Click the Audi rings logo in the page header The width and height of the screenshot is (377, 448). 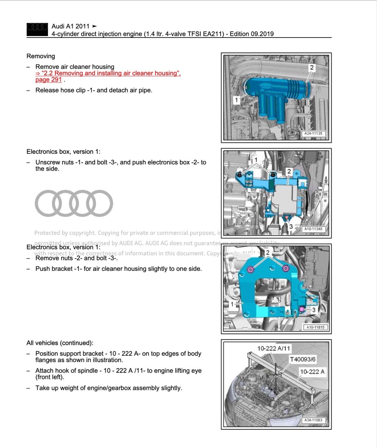37,29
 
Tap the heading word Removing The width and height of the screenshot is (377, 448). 41,56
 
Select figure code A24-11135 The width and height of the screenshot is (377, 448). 313,134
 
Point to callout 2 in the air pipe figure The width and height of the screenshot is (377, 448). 311,67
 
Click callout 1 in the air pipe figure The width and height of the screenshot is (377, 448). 237,100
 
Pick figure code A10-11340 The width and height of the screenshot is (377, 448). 313,229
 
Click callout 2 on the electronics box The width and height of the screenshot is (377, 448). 289,171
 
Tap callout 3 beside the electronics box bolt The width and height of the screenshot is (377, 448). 291,226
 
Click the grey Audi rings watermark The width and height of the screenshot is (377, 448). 74,203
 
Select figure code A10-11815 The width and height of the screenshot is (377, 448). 315,327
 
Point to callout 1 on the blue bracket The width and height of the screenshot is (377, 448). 232,304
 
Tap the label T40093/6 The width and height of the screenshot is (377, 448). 302,359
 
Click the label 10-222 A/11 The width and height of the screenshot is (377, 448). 273,349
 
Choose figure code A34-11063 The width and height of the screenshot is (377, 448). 313,420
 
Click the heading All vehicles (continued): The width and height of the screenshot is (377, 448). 60,343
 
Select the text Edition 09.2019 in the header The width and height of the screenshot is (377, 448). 251,34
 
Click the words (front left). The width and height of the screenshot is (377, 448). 50,377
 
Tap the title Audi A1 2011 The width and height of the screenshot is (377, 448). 70,26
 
